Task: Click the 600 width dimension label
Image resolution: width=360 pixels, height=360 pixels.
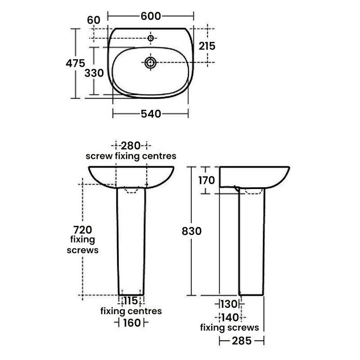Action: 151,16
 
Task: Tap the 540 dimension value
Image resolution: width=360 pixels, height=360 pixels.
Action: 151,114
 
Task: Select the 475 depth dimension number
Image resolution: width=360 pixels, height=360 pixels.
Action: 75,63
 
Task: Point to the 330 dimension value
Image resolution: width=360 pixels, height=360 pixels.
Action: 94,73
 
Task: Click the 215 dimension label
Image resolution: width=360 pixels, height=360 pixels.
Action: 207,46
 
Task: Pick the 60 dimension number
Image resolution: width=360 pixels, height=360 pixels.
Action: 94,20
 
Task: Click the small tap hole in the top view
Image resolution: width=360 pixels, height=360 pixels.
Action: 151,38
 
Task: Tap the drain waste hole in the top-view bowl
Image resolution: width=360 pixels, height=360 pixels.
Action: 151,63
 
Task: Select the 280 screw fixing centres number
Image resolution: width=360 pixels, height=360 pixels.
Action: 130,146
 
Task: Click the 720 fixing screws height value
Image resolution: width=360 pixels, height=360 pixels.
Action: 83,229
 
